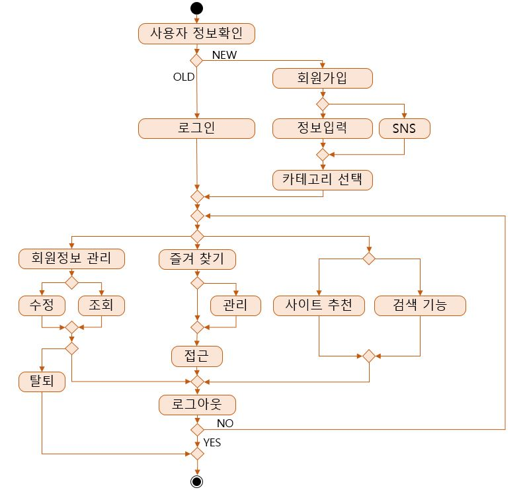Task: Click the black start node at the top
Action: pos(196,8)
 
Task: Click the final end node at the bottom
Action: pos(196,481)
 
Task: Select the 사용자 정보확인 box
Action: pos(196,33)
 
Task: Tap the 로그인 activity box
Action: pos(196,128)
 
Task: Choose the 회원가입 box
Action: pos(322,78)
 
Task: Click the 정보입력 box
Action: pos(322,128)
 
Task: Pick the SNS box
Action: pos(404,128)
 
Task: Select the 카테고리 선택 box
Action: pos(322,179)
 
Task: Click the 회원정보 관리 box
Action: pos(71,259)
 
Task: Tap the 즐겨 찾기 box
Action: pos(197,259)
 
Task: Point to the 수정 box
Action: pos(42,305)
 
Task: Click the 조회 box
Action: pos(101,305)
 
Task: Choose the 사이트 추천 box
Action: pos(319,305)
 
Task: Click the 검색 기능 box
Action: pos(420,305)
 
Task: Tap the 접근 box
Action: pos(197,356)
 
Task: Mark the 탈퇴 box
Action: pos(42,381)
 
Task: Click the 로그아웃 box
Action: pos(197,404)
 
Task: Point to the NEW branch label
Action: pos(224,56)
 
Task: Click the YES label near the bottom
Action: pos(212,442)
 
